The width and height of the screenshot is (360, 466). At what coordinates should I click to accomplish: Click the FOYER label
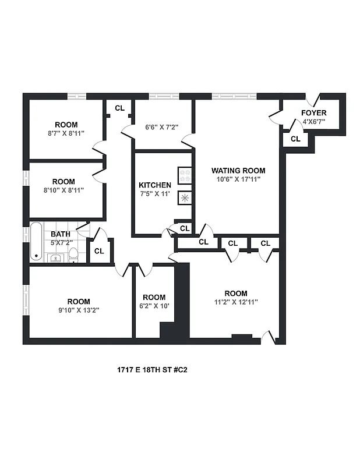click(313, 113)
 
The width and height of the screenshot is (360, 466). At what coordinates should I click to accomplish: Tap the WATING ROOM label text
click(238, 171)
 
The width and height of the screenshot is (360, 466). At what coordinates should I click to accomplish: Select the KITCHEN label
click(154, 185)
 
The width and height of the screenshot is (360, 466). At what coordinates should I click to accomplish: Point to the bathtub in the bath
click(36, 241)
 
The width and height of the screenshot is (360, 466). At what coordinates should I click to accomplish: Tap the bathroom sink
click(55, 257)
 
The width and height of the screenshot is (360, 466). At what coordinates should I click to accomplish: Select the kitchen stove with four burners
click(185, 176)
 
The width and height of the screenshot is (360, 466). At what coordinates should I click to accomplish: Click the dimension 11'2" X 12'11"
click(235, 302)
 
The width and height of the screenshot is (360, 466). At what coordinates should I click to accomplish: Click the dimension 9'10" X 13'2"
click(78, 310)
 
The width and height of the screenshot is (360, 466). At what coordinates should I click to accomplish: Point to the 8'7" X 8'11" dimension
click(66, 133)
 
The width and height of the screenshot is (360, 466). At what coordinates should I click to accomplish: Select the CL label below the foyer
click(295, 139)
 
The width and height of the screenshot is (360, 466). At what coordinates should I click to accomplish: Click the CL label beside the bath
click(99, 251)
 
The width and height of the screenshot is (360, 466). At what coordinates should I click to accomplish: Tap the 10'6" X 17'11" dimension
click(238, 179)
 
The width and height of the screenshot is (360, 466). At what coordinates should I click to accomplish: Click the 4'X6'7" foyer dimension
click(313, 122)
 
